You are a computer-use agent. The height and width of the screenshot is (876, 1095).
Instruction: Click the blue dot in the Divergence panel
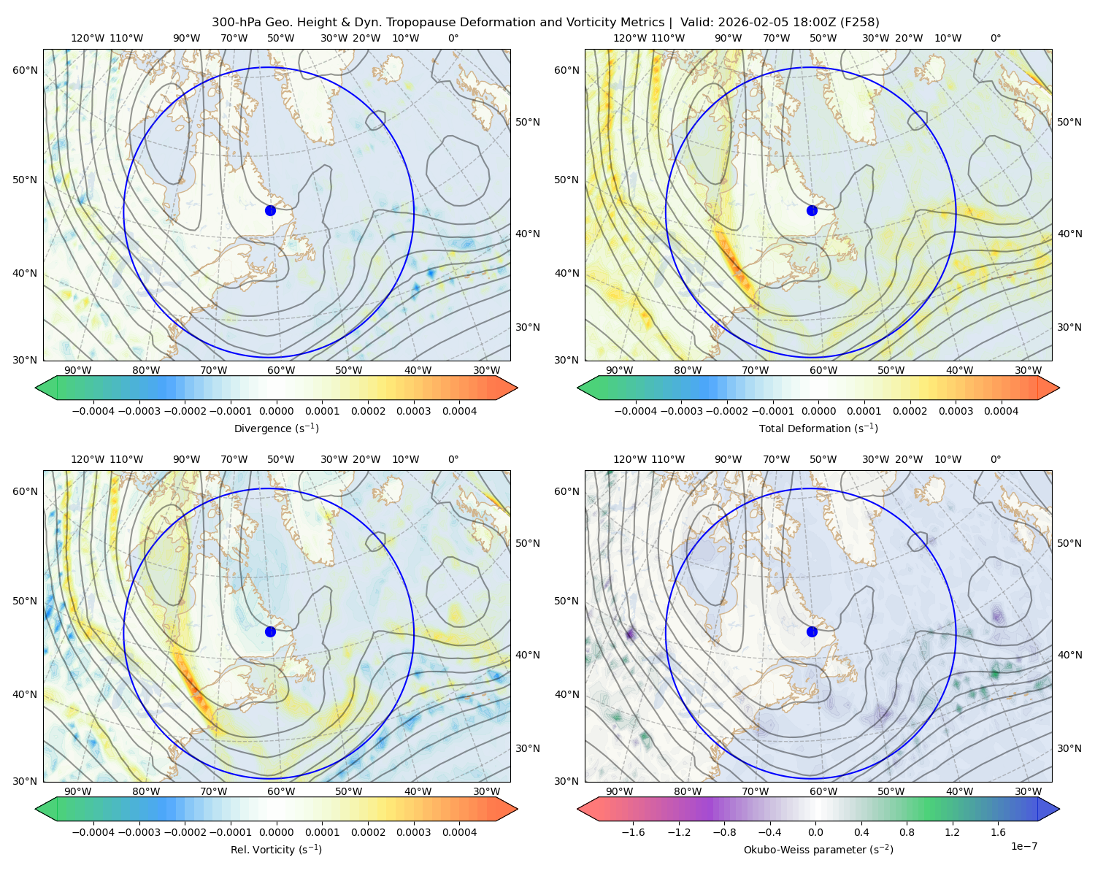pyautogui.click(x=270, y=210)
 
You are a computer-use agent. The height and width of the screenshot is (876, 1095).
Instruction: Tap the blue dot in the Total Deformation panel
pyautogui.click(x=812, y=210)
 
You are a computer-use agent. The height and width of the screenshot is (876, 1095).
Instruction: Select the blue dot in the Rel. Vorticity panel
pyautogui.click(x=270, y=631)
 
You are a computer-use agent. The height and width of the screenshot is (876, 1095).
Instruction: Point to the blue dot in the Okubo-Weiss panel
pyautogui.click(x=812, y=631)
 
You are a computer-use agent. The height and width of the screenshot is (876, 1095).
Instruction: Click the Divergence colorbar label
pyautogui.click(x=276, y=428)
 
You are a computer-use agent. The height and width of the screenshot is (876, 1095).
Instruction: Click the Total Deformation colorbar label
pyautogui.click(x=818, y=428)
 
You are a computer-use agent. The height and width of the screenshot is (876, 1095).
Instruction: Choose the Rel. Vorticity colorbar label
pyautogui.click(x=276, y=849)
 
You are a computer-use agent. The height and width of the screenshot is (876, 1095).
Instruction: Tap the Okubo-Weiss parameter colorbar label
pyautogui.click(x=818, y=849)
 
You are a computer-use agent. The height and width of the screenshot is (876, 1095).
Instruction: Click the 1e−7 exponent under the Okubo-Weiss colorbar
pyautogui.click(x=1023, y=846)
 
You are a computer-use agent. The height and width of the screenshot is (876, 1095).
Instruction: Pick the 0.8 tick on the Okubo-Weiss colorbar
pyautogui.click(x=907, y=831)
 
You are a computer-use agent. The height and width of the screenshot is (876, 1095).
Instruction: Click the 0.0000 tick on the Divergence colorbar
pyautogui.click(x=276, y=411)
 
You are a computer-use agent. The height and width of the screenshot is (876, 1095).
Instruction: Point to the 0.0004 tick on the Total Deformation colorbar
pyautogui.click(x=1001, y=411)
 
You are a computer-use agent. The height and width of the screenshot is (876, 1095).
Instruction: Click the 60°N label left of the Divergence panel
pyautogui.click(x=25, y=70)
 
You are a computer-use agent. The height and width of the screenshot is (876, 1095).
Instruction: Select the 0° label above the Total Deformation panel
pyautogui.click(x=995, y=38)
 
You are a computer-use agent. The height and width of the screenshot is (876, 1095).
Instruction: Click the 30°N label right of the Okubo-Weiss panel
pyautogui.click(x=1069, y=748)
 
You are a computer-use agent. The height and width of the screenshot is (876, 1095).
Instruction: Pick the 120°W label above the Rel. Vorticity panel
pyautogui.click(x=88, y=459)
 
